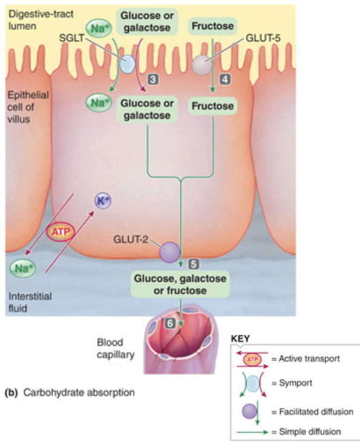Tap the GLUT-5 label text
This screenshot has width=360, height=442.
262,38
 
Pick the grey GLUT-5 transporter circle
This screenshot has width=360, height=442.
201,63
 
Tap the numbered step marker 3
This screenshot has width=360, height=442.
154,79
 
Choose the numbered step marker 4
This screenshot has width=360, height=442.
224,79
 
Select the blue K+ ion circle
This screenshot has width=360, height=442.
103,201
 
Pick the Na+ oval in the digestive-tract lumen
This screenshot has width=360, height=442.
98,27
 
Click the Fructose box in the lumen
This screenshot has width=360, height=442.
212,27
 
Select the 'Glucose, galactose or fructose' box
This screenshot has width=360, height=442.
180,284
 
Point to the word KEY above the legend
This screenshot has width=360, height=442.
241,339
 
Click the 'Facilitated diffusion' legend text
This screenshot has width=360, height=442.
312,411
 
